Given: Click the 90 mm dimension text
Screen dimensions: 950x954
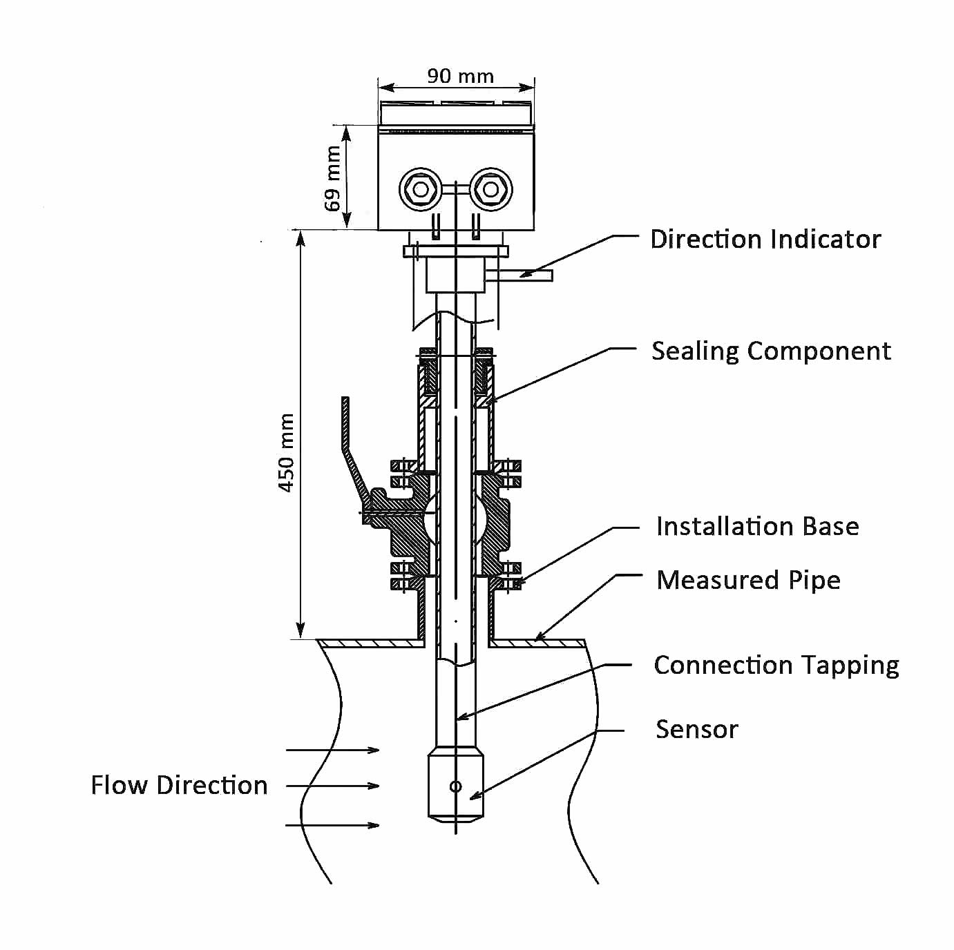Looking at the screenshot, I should (x=460, y=76).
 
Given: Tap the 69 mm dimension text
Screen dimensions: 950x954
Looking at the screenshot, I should (x=334, y=178).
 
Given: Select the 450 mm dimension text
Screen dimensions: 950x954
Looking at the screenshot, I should (x=287, y=452).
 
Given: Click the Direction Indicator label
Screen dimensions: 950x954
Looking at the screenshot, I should (x=765, y=240).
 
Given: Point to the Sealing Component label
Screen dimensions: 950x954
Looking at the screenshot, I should (x=771, y=351).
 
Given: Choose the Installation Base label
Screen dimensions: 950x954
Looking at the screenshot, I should (x=757, y=527).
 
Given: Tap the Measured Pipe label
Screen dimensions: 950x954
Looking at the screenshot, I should (x=748, y=580).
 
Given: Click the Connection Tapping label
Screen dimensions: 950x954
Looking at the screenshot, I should (x=776, y=666).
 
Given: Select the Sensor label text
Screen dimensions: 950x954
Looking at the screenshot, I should (x=696, y=730).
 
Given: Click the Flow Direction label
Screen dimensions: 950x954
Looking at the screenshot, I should (x=179, y=786).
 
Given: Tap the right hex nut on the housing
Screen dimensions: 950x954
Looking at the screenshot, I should (x=490, y=188).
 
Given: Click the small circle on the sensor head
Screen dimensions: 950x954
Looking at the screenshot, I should (x=455, y=786).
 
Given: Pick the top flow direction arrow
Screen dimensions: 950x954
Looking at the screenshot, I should (x=332, y=750).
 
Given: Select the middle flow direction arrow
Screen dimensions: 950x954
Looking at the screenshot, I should (x=332, y=786).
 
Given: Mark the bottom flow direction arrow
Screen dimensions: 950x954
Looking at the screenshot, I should (x=332, y=825).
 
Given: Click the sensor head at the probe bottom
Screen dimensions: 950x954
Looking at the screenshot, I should (x=455, y=787).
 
